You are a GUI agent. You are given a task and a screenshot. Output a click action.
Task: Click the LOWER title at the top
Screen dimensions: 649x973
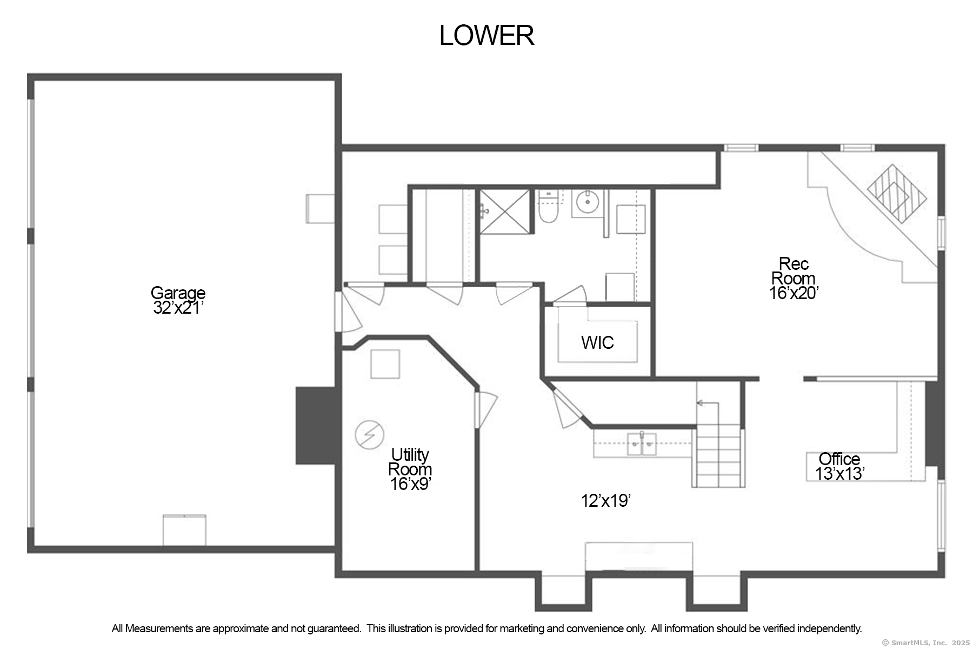pyautogui.click(x=486, y=36)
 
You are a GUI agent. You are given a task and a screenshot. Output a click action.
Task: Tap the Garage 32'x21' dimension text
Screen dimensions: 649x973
pyautogui.click(x=178, y=308)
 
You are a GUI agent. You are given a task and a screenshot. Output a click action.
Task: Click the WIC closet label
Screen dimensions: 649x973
pyautogui.click(x=597, y=342)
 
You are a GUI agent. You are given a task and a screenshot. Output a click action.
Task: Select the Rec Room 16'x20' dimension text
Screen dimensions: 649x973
pyautogui.click(x=794, y=293)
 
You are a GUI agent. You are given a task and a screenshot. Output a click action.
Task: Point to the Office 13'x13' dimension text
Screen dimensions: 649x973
pyautogui.click(x=839, y=474)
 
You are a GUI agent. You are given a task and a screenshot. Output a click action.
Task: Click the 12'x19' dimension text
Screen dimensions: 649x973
pyautogui.click(x=606, y=501)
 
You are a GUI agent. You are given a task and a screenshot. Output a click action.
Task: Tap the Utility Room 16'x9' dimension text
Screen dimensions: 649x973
pyautogui.click(x=410, y=484)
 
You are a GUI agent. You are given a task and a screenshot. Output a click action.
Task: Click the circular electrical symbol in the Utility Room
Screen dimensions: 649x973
pyautogui.click(x=369, y=434)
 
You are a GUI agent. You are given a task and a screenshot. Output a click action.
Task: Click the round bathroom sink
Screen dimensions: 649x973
pyautogui.click(x=587, y=203)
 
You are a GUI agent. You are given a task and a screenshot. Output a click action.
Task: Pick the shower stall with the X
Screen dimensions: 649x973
pyautogui.click(x=505, y=211)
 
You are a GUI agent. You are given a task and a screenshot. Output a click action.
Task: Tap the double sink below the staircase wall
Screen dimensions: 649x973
pyautogui.click(x=642, y=445)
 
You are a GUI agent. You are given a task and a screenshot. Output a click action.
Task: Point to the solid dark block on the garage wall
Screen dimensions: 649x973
pyautogui.click(x=316, y=425)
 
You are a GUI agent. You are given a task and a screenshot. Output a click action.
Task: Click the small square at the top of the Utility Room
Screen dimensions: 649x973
pyautogui.click(x=385, y=364)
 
